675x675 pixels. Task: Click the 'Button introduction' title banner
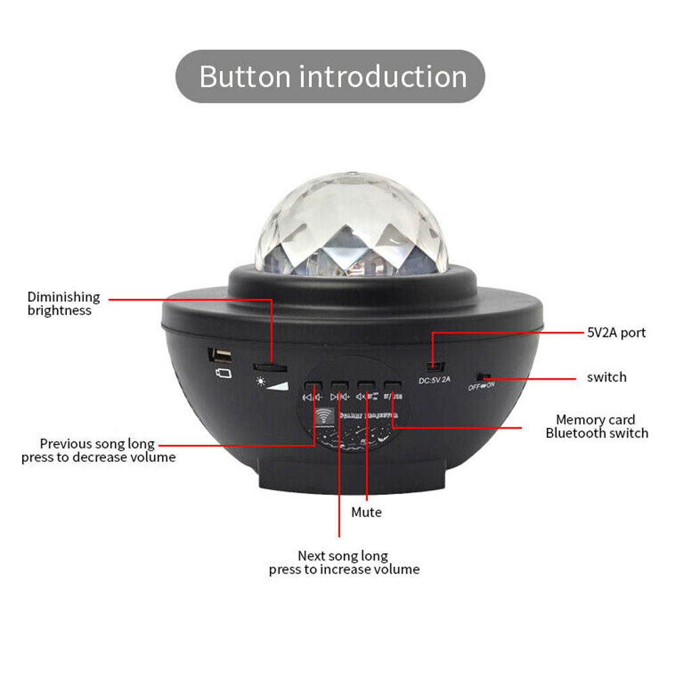click(331, 76)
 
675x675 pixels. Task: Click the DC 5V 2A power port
click(437, 367)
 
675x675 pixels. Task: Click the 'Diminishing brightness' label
click(63, 304)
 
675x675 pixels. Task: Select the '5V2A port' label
click(616, 332)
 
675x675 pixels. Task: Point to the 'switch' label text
click(606, 377)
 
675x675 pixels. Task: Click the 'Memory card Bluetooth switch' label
click(597, 427)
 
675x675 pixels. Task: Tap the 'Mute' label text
click(367, 512)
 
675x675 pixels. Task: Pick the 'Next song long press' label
click(344, 562)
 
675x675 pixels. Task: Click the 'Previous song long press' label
click(98, 450)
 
